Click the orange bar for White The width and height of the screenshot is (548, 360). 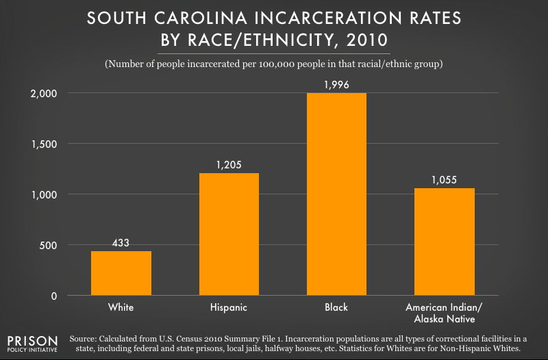tap(121, 273)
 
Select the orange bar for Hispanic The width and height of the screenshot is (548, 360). tap(229, 234)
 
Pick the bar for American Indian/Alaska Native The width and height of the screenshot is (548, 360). tap(445, 242)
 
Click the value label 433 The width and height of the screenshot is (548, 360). tap(121, 243)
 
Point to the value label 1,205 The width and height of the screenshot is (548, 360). tap(229, 165)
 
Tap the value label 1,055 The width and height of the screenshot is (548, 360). tap(445, 180)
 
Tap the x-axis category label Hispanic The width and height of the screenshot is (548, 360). tap(229, 308)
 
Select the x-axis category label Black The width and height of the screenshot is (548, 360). tap(337, 308)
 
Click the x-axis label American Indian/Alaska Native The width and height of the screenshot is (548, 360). tap(445, 313)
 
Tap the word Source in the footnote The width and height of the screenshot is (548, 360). tap(85, 337)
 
